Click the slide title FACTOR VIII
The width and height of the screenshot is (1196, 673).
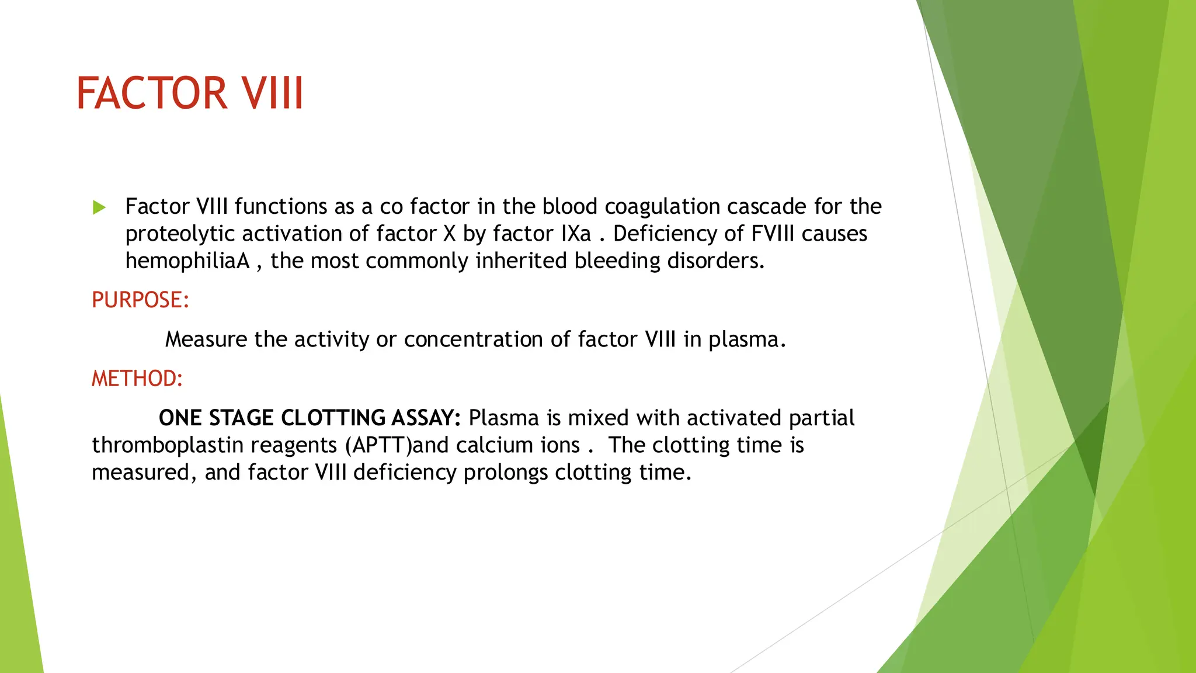[x=190, y=93]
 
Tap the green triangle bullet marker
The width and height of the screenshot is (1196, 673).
[x=99, y=207]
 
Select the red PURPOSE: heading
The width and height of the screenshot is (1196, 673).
[x=140, y=300]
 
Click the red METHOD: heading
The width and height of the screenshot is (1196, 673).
[x=137, y=379]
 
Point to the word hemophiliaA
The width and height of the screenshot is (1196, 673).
[x=187, y=261]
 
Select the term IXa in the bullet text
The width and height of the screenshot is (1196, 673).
[x=576, y=234]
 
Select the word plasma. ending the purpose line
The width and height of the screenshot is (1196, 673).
[x=747, y=339]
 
